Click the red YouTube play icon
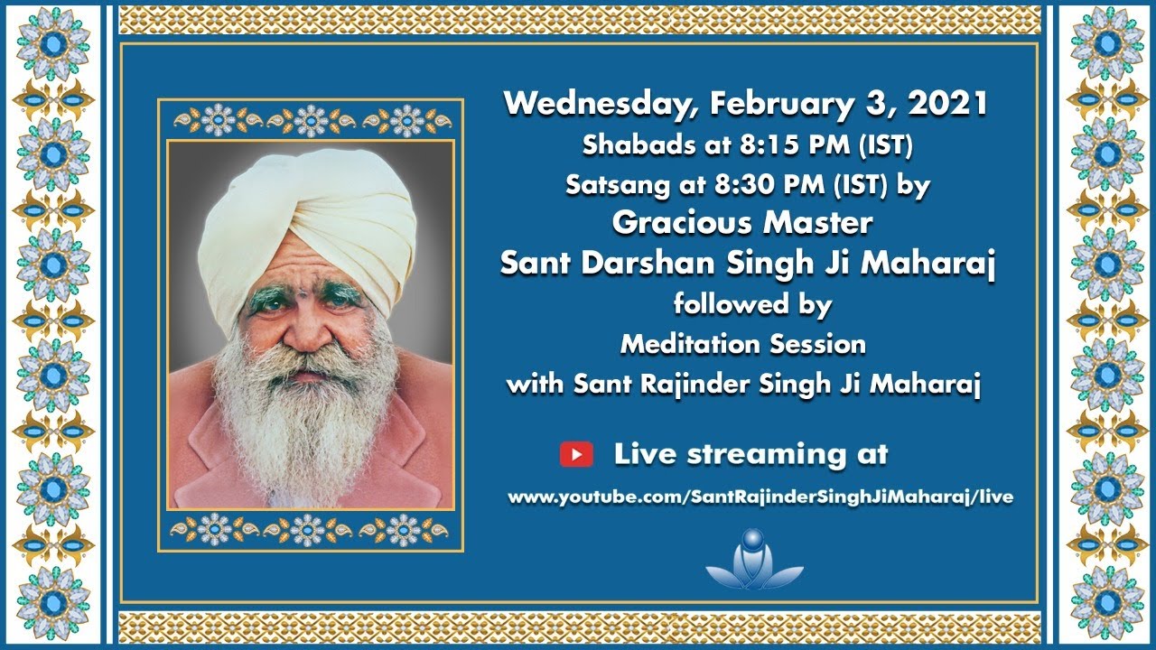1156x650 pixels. point(576,454)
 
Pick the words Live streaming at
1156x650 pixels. point(750,454)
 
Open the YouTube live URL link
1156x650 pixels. point(760,497)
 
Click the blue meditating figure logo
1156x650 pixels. point(753,560)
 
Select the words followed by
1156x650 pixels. point(752,304)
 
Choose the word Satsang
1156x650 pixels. point(602,185)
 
